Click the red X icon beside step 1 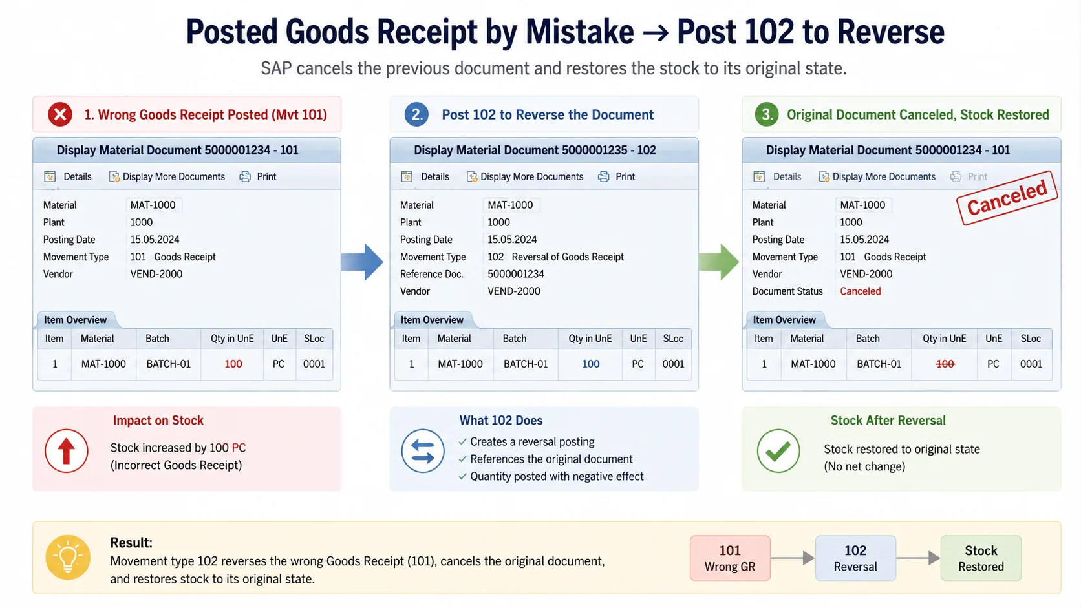pyautogui.click(x=60, y=115)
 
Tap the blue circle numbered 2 pyautogui.click(x=416, y=115)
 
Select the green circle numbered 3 pyautogui.click(x=766, y=115)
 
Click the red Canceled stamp pyautogui.click(x=1007, y=198)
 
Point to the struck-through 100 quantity pyautogui.click(x=945, y=364)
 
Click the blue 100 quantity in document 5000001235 pyautogui.click(x=591, y=364)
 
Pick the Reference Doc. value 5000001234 pyautogui.click(x=516, y=274)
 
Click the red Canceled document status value pyautogui.click(x=861, y=291)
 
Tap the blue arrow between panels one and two pyautogui.click(x=362, y=262)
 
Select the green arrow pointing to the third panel pyautogui.click(x=718, y=262)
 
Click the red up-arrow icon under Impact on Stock pyautogui.click(x=67, y=451)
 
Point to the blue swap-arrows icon pyautogui.click(x=423, y=451)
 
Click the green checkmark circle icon pyautogui.click(x=778, y=451)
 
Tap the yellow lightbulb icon pyautogui.click(x=68, y=558)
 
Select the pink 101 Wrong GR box pyautogui.click(x=730, y=558)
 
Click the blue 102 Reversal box pyautogui.click(x=855, y=558)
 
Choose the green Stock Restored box pyautogui.click(x=981, y=558)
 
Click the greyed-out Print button pyautogui.click(x=969, y=176)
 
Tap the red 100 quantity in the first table pyautogui.click(x=233, y=364)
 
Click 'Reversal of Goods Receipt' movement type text pyautogui.click(x=568, y=257)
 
